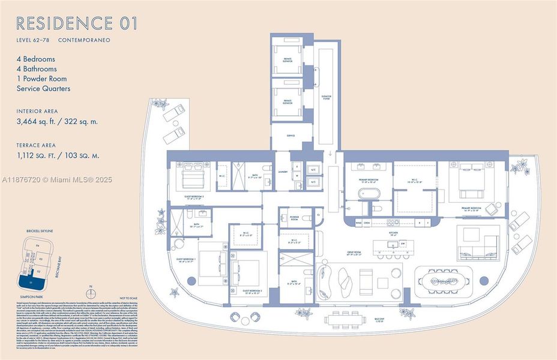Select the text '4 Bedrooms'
tap(35, 59)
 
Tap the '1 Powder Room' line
tap(41, 79)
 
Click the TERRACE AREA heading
tap(37, 145)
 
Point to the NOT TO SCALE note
tap(128, 298)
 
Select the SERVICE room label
tap(291, 136)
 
